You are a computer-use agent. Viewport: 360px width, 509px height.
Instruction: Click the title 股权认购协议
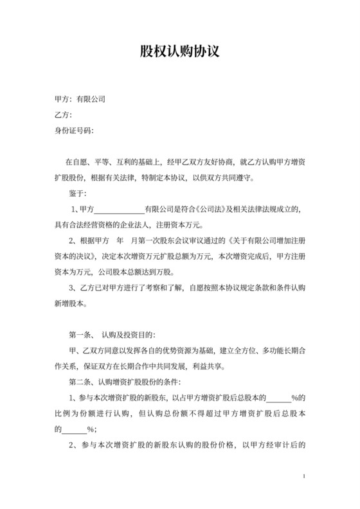pos(180,51)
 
